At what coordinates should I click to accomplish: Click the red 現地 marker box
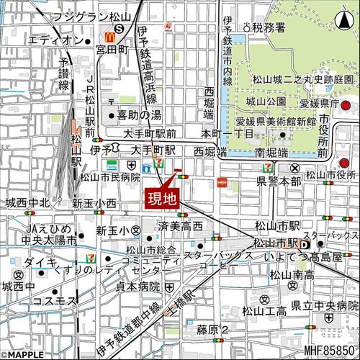(163, 199)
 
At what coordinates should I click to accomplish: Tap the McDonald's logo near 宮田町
(110, 34)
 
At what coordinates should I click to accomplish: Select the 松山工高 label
(264, 311)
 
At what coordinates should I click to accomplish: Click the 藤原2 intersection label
(213, 329)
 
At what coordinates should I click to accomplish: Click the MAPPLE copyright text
(24, 353)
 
